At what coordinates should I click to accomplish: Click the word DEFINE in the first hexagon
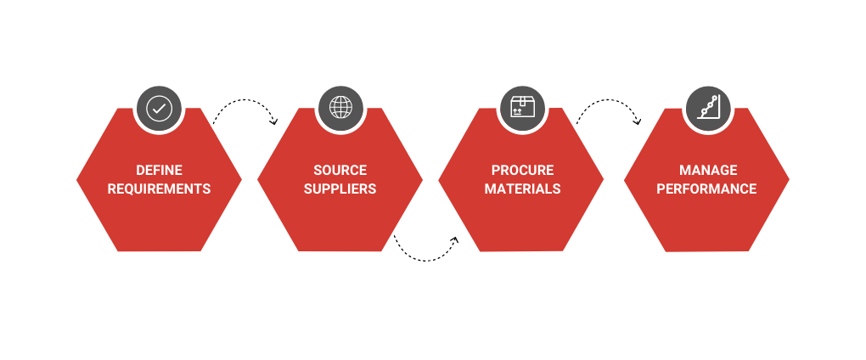click(159, 171)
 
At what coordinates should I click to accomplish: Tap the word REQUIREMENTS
click(159, 188)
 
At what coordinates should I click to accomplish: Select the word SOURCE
click(340, 171)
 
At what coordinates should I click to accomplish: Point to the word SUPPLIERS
click(340, 188)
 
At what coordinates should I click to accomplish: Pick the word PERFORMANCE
click(706, 188)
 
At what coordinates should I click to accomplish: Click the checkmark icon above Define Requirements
click(159, 109)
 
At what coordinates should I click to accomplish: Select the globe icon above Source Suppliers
click(340, 109)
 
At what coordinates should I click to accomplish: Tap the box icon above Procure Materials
click(521, 109)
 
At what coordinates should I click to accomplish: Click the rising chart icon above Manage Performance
click(707, 109)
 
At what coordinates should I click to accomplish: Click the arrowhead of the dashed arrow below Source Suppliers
click(454, 240)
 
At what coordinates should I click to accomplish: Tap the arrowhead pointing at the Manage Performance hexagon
click(638, 122)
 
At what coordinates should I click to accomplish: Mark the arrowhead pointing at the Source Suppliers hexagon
click(274, 122)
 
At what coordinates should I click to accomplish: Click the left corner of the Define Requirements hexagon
click(78, 179)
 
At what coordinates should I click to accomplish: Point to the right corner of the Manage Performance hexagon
click(788, 179)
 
